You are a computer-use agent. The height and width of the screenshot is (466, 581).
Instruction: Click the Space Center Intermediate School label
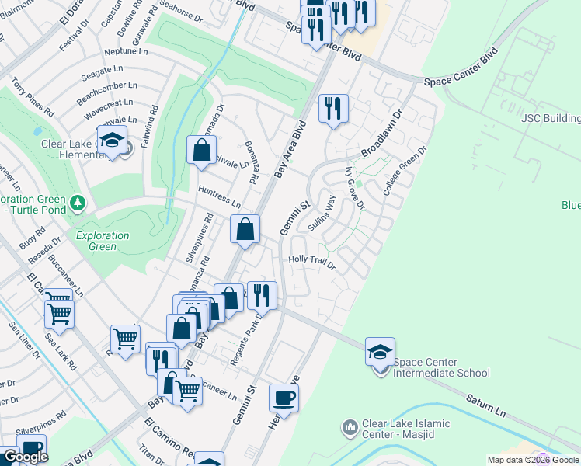[441, 367]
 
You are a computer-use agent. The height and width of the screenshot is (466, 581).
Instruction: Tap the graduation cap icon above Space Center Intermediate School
[380, 352]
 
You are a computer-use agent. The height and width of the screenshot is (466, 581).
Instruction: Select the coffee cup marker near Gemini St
[284, 398]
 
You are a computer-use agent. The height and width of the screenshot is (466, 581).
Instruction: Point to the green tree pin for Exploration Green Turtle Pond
[77, 203]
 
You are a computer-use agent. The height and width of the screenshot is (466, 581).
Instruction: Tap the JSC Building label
[550, 119]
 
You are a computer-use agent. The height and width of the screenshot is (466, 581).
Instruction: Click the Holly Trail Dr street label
[311, 263]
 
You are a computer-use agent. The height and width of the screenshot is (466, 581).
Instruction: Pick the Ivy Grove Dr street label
[354, 192]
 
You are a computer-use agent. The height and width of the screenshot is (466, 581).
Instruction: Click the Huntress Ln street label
[220, 196]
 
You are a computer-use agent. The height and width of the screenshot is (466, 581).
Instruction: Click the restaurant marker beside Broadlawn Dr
[333, 109]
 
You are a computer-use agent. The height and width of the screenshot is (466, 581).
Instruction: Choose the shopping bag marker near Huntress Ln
[245, 230]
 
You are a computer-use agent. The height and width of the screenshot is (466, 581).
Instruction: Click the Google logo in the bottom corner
[26, 457]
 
